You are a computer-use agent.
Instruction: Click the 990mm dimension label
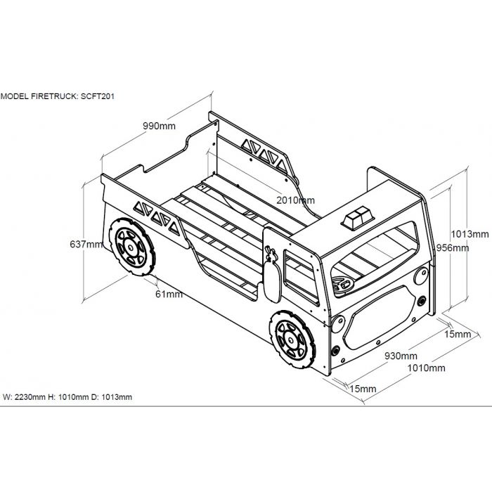(x=159, y=127)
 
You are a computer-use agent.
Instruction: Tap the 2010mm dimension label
(x=296, y=200)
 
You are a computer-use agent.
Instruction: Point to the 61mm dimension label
(x=169, y=294)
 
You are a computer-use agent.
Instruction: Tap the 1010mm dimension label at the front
(x=427, y=368)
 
